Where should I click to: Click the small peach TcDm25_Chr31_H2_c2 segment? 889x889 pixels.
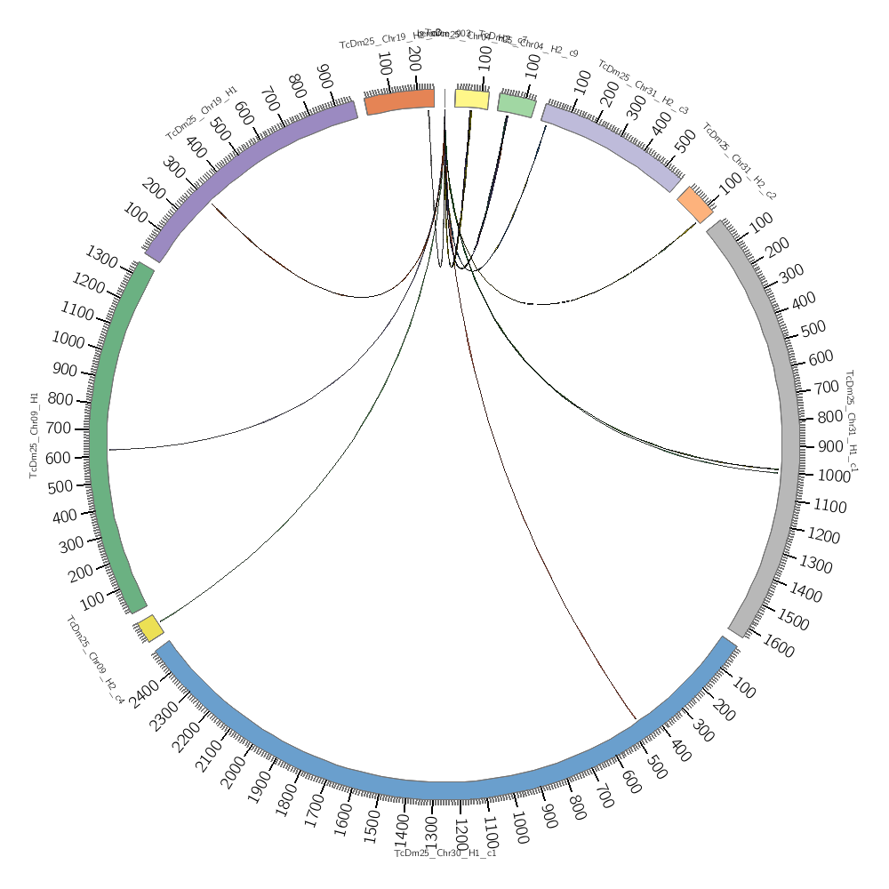click(x=695, y=204)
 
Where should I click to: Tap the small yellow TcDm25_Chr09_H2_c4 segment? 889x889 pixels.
click(x=150, y=629)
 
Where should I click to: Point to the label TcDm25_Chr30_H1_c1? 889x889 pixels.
click(x=444, y=853)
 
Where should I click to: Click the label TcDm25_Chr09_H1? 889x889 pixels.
click(x=35, y=435)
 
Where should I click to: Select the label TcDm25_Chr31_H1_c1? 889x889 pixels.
click(x=851, y=421)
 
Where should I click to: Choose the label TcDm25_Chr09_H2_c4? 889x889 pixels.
click(x=94, y=660)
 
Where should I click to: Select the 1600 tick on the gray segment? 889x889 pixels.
click(x=778, y=649)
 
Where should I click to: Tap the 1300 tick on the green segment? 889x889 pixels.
click(x=100, y=259)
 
